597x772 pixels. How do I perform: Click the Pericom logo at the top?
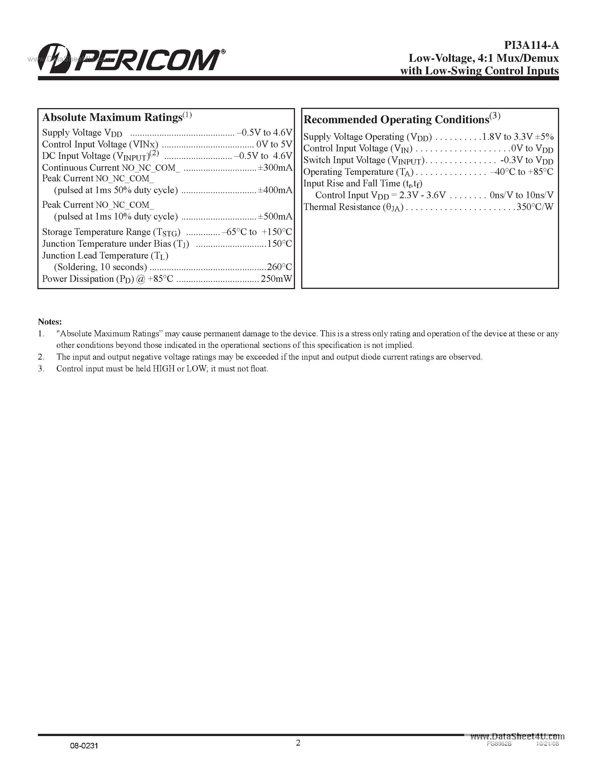[131, 59]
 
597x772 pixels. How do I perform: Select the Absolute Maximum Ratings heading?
[112, 117]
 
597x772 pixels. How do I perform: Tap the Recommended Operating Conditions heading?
[396, 120]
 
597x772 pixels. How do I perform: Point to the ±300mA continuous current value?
[275, 168]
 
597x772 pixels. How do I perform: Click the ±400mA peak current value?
[275, 190]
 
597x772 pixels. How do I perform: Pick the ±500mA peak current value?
[275, 216]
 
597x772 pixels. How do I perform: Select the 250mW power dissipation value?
[276, 279]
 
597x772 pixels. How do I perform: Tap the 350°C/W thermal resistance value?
[535, 207]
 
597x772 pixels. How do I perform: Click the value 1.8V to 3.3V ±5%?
[518, 137]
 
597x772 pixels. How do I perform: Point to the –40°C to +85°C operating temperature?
[521, 172]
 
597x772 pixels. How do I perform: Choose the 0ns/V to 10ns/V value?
[521, 195]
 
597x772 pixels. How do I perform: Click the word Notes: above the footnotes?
[50, 322]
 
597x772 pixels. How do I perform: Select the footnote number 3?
[41, 369]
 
